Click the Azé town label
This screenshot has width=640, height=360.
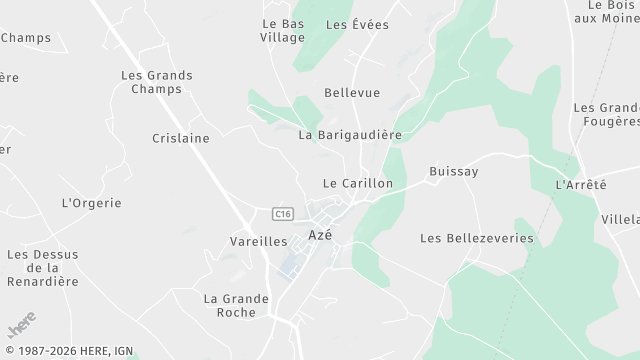pyautogui.click(x=320, y=235)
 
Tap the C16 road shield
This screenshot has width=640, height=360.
pyautogui.click(x=282, y=213)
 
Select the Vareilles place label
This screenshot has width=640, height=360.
pyautogui.click(x=258, y=242)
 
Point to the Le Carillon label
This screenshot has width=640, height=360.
pyautogui.click(x=358, y=184)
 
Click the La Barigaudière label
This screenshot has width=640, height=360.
pyautogui.click(x=350, y=134)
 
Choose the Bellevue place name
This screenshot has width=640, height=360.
pyautogui.click(x=352, y=92)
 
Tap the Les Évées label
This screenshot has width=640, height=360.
pyautogui.click(x=357, y=24)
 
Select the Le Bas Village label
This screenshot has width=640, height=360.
pyautogui.click(x=282, y=30)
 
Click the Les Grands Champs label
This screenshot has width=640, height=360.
pyautogui.click(x=157, y=82)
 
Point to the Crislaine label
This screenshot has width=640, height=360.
pyautogui.click(x=181, y=138)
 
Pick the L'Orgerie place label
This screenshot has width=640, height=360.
pyautogui.click(x=92, y=203)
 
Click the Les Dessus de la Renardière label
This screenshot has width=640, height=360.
pyautogui.click(x=42, y=268)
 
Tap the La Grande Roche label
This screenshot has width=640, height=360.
pyautogui.click(x=237, y=305)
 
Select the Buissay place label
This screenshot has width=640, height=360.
pyautogui.click(x=453, y=172)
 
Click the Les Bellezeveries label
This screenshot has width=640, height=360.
pyautogui.click(x=477, y=239)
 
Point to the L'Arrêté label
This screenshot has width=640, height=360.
pyautogui.click(x=581, y=186)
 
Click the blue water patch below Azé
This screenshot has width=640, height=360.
pyautogui.click(x=289, y=265)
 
